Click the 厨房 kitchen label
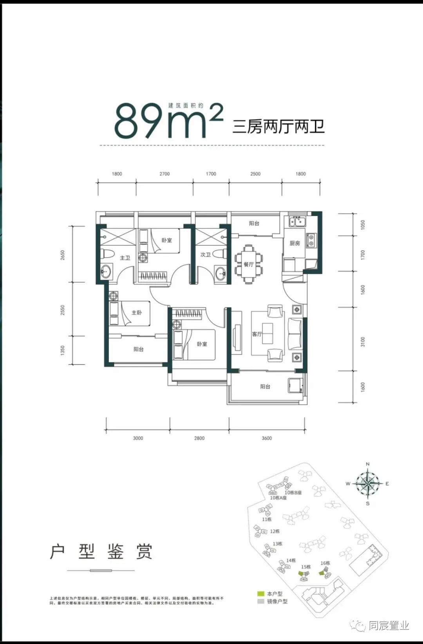(x=295, y=243)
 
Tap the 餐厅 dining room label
(x=249, y=264)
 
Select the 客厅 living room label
(x=257, y=334)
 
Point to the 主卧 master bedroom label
(x=137, y=313)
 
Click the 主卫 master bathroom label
(x=125, y=258)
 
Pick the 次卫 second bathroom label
(x=206, y=255)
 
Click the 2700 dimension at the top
(x=164, y=174)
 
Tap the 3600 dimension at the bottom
(x=267, y=438)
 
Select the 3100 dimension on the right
(x=363, y=342)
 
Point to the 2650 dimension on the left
(x=63, y=255)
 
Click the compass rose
(x=367, y=483)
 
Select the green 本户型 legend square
(x=261, y=594)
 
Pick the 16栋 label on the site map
(x=325, y=563)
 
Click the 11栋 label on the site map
(x=267, y=519)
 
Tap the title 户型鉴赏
(x=101, y=551)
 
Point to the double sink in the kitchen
(x=297, y=222)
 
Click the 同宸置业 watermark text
(x=388, y=626)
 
